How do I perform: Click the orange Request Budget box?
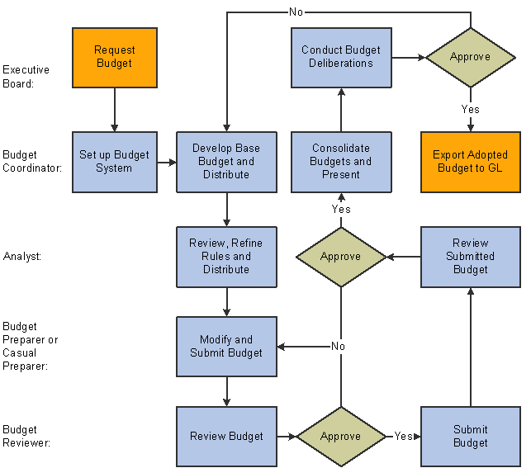point(115,58)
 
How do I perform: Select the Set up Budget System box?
point(115,162)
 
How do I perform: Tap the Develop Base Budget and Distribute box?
point(226,162)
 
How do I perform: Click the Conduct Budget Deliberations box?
point(341,58)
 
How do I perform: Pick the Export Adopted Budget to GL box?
point(471,162)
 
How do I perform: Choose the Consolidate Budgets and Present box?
point(341,162)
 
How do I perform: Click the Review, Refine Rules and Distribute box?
point(226,258)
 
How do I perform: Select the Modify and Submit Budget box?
point(226,347)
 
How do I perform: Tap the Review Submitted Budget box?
point(471,258)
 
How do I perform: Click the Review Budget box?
point(226,437)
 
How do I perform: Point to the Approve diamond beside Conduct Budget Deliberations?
point(471,58)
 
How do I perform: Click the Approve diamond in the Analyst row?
point(341,258)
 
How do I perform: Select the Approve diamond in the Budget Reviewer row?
point(341,437)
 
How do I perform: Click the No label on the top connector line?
point(296,12)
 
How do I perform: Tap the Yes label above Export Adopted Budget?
point(471,109)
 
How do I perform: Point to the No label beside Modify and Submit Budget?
point(338,346)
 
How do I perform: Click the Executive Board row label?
point(26,77)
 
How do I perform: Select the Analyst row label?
point(22,257)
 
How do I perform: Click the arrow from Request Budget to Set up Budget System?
point(115,110)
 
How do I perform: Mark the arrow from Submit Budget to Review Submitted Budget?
point(471,347)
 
